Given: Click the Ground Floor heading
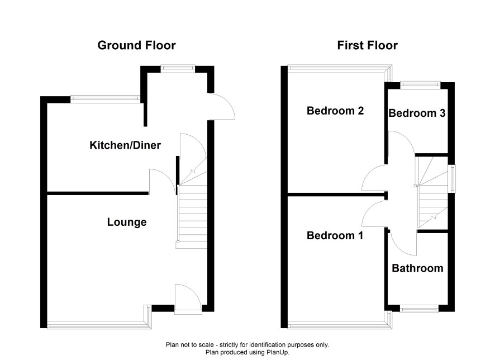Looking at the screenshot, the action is click(136, 45).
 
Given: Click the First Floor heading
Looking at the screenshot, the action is click(367, 45).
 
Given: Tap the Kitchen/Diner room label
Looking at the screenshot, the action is click(125, 145).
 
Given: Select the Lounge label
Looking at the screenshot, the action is click(127, 222).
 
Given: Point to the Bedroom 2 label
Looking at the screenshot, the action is click(335, 111).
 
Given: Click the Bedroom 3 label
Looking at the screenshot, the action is click(417, 113).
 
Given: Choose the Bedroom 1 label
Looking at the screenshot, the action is click(335, 235).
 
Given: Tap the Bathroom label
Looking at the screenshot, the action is click(418, 268).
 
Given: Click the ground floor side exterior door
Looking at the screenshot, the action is click(222, 106).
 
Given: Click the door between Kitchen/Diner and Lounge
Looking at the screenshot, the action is click(162, 182).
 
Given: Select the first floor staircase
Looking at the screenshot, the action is click(433, 192).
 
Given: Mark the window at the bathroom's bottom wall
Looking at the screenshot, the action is click(419, 309).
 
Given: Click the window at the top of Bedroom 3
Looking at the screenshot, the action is click(420, 84).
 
